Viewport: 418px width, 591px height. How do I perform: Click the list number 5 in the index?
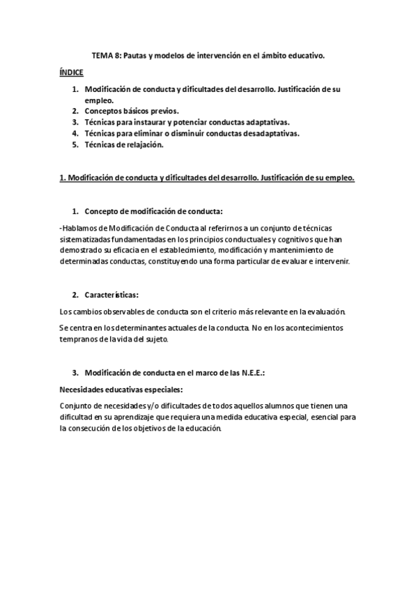pyautogui.click(x=75, y=144)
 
